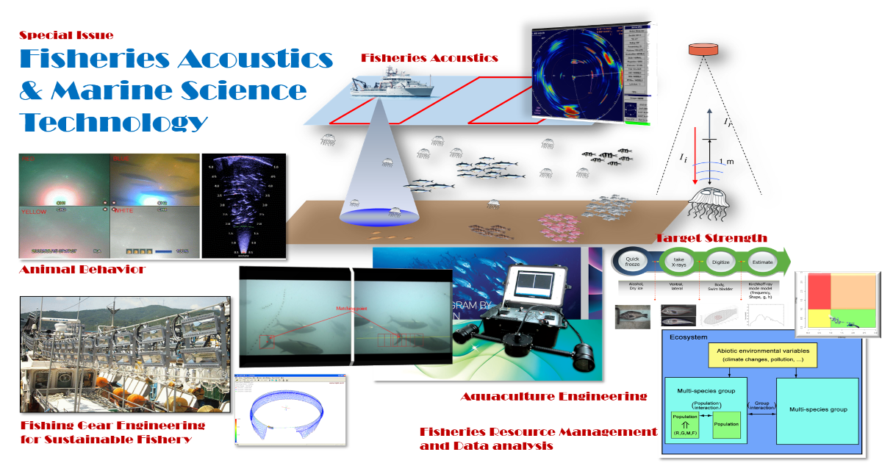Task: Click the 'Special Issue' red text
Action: (66, 35)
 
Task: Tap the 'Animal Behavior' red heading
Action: (82, 269)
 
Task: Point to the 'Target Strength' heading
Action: (711, 238)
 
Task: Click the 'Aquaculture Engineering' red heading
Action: (554, 397)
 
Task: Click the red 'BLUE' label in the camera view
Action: (122, 158)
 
